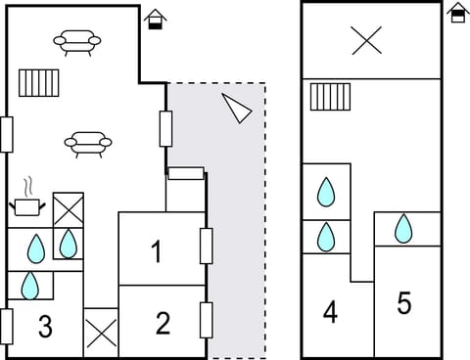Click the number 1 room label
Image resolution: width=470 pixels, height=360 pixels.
tap(157, 251)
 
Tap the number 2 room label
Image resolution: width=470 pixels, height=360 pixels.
tap(163, 322)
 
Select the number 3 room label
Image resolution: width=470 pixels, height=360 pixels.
tap(45, 327)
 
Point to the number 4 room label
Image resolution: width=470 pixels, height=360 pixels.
tap(330, 313)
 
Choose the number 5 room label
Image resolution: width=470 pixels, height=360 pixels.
tap(404, 303)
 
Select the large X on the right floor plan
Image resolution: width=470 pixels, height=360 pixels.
tap(366, 40)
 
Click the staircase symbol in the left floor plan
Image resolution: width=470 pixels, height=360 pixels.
tap(39, 83)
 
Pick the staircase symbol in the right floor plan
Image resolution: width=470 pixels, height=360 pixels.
tap(330, 98)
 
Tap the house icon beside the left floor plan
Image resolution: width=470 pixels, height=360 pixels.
tap(155, 19)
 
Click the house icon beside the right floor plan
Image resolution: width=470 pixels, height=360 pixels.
tap(457, 13)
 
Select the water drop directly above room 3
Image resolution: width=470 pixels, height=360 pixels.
tap(30, 285)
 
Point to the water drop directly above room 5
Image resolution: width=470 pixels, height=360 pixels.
tap(403, 229)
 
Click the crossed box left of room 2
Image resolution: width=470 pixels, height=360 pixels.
tap(100, 333)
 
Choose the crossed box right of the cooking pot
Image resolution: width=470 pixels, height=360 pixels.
tap(68, 208)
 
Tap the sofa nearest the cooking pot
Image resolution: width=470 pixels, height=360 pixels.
tap(88, 145)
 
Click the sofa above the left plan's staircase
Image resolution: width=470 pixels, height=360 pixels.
tap(77, 41)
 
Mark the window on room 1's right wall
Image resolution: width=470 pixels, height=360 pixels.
tap(207, 246)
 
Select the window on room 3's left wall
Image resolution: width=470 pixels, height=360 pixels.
tap(7, 325)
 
